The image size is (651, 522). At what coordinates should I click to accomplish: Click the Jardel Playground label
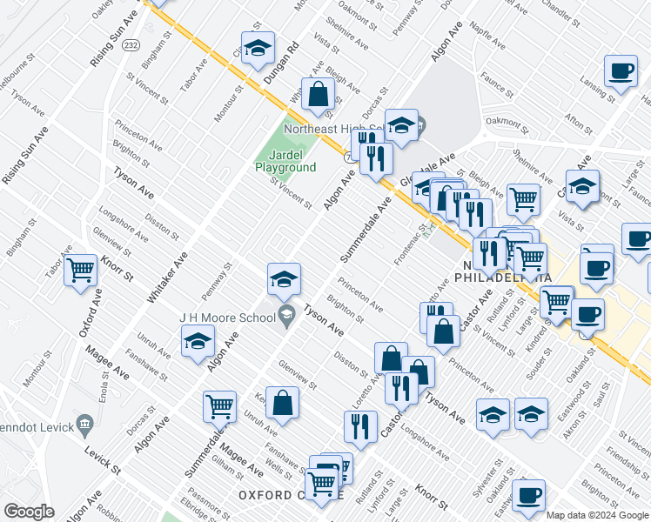click(285, 161)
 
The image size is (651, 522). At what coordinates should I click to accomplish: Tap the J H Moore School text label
click(227, 318)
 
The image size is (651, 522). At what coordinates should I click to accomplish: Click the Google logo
click(29, 512)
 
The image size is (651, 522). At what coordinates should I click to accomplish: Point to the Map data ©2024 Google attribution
click(597, 515)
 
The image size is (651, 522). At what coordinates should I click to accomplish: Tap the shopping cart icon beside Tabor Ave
click(81, 270)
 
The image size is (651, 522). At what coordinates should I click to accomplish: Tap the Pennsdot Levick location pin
click(84, 425)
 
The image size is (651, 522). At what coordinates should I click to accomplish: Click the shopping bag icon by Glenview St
click(282, 403)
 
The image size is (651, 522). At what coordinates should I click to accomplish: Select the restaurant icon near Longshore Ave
click(359, 426)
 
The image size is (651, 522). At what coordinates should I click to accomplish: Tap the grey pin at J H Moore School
click(285, 315)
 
